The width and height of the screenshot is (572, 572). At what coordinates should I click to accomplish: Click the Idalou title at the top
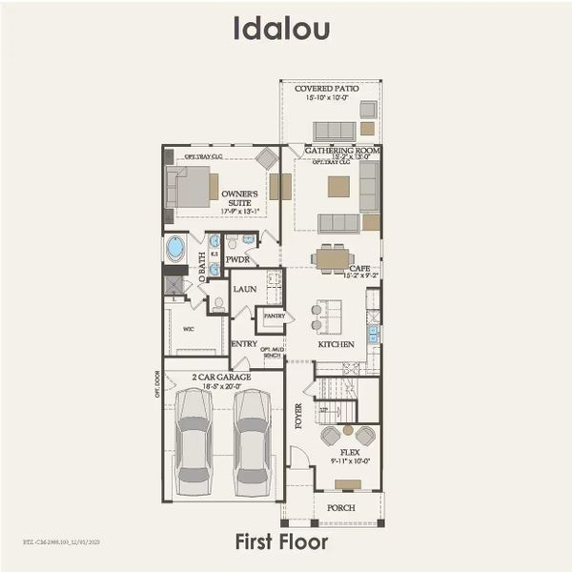pyautogui.click(x=282, y=30)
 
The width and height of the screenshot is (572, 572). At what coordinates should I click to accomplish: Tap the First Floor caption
pyautogui.click(x=282, y=542)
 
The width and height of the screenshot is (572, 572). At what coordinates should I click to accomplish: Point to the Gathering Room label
pyautogui.click(x=342, y=151)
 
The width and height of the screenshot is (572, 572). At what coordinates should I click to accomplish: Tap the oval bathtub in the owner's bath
pyautogui.click(x=175, y=248)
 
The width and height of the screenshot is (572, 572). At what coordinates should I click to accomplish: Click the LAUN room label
pyautogui.click(x=245, y=288)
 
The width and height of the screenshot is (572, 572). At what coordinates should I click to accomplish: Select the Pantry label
pyautogui.click(x=274, y=315)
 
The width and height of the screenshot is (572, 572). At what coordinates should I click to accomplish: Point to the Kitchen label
pyautogui.click(x=336, y=344)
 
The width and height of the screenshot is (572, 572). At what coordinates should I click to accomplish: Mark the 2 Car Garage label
pyautogui.click(x=221, y=378)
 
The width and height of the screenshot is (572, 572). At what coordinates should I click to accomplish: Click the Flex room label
pyautogui.click(x=347, y=453)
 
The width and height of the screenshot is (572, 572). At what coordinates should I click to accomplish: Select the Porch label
pyautogui.click(x=340, y=508)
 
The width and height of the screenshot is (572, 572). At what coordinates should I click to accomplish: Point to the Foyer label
pyautogui.click(x=298, y=416)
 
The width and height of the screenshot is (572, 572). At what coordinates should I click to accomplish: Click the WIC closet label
pyautogui.click(x=188, y=330)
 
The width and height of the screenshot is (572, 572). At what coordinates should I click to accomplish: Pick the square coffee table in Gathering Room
pyautogui.click(x=338, y=186)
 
